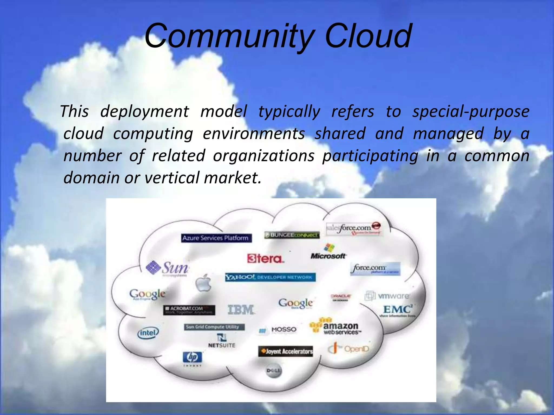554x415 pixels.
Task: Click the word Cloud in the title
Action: pos(368,36)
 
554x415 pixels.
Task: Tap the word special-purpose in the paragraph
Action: pos(471,112)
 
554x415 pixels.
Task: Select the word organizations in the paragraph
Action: pos(264,156)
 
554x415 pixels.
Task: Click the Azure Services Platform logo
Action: pos(216,238)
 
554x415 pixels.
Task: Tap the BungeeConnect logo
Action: pos(292,235)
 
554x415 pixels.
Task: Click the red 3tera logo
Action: pos(265,259)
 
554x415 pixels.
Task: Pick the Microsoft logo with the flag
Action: pos(328,252)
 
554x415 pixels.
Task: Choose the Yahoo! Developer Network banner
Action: pos(270,277)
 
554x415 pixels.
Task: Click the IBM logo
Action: pos(241,310)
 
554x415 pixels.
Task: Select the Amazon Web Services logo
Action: pos(335,327)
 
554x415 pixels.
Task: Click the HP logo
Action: pos(192,357)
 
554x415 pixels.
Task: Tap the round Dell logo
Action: pos(273,371)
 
